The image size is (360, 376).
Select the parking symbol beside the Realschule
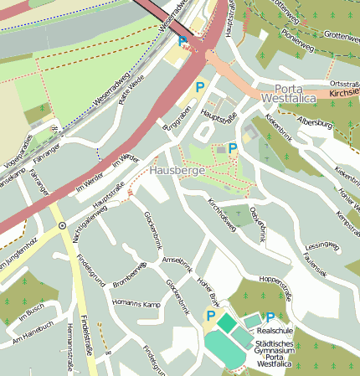270,317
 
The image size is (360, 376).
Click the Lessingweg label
322,246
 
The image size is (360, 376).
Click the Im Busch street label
29,315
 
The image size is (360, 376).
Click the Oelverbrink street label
259,222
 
